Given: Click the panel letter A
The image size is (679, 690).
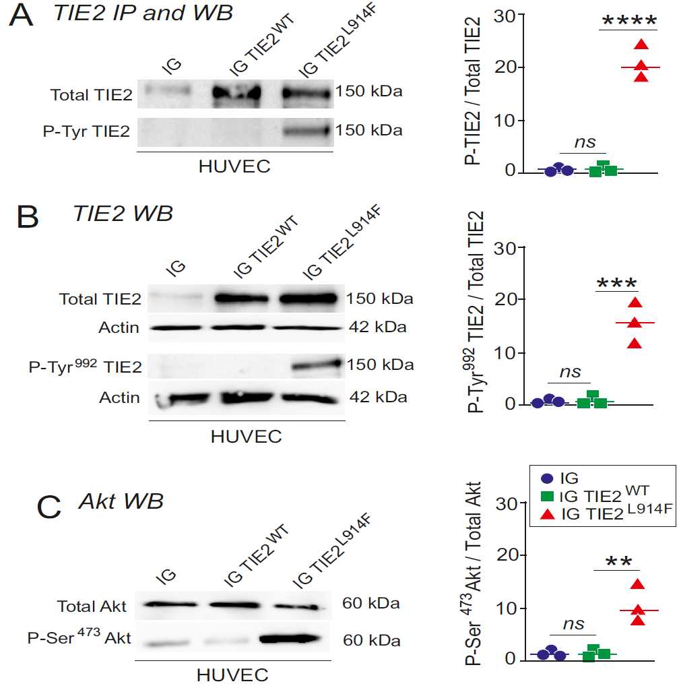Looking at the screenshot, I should (x=20, y=15).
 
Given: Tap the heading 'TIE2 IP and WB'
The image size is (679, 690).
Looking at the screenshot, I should (x=143, y=13).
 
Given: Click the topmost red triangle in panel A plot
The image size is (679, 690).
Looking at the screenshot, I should (x=641, y=45).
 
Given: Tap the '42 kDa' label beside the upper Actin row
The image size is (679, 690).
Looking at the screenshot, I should (x=377, y=327).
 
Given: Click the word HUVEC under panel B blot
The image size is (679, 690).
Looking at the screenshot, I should (x=246, y=436).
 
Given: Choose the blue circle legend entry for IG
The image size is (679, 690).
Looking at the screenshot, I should (x=547, y=478).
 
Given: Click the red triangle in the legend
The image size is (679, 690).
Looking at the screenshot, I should (x=547, y=514).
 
